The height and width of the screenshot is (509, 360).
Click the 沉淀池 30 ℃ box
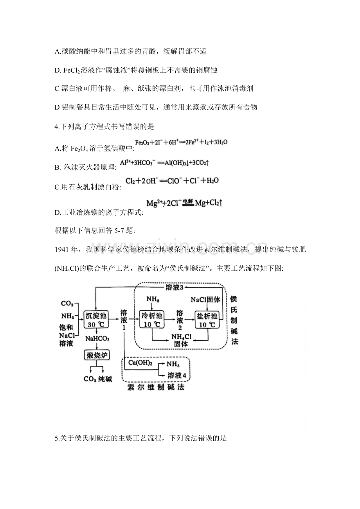click(95, 320)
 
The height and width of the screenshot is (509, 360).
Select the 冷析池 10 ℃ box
click(152, 320)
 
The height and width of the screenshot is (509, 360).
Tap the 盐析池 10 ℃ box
click(207, 320)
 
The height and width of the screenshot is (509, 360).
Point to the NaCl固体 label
click(206, 300)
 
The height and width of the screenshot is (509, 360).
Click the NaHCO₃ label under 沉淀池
click(97, 339)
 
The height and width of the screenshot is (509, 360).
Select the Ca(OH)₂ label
click(140, 363)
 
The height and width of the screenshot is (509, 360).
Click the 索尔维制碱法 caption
click(156, 387)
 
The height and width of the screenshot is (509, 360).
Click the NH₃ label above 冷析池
click(152, 299)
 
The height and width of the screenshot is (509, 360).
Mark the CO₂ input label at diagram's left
click(67, 304)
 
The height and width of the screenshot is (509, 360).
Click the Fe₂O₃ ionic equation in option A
click(181, 142)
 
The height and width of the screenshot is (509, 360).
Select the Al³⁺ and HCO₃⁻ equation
click(169, 163)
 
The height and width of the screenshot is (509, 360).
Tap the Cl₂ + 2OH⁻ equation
click(172, 181)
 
